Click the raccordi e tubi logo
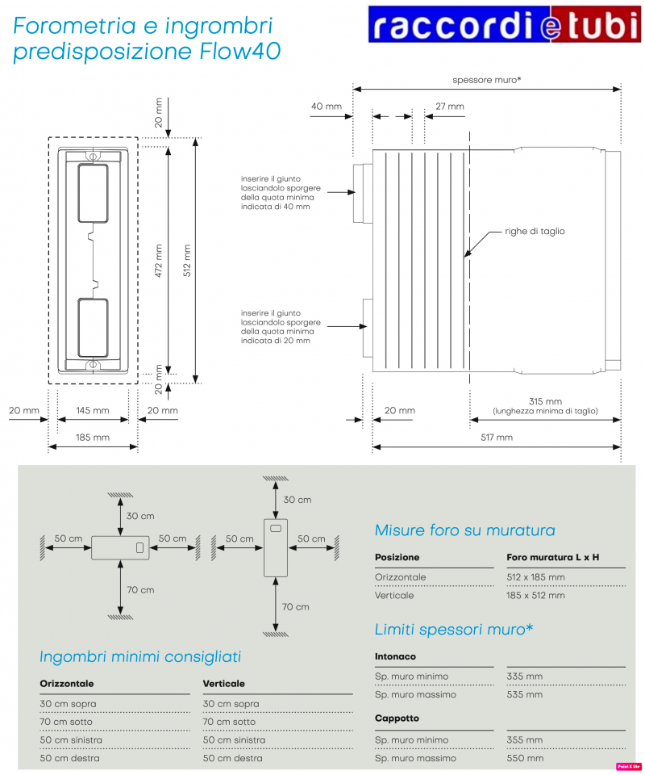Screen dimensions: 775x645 click(x=506, y=24)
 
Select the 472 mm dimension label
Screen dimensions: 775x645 click(x=159, y=261)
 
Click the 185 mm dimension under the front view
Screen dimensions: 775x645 click(x=93, y=437)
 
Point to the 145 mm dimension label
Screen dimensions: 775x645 click(x=93, y=410)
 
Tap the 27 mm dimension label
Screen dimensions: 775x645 click(x=449, y=106)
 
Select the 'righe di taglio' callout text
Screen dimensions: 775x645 click(x=535, y=231)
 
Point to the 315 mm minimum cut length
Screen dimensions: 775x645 click(x=545, y=401)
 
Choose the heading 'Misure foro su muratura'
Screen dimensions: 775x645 click(x=464, y=530)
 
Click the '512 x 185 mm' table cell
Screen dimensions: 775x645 click(x=536, y=577)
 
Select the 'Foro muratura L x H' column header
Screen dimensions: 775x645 click(x=552, y=557)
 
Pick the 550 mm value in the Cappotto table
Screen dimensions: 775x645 click(x=525, y=758)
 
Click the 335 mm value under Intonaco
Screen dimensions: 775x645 click(x=525, y=676)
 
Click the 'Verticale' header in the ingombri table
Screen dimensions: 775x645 click(x=224, y=684)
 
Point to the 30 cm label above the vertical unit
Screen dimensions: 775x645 click(x=297, y=500)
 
